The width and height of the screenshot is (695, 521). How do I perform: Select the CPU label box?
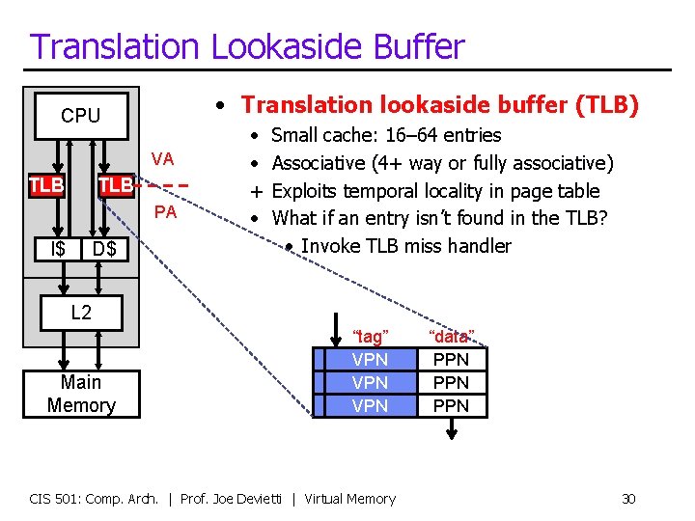(80, 116)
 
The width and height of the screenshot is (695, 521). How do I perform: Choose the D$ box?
(103, 250)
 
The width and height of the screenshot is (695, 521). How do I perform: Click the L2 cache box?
(81, 312)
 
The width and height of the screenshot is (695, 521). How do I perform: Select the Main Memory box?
(81, 394)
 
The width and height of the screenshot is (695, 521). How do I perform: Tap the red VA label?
(162, 159)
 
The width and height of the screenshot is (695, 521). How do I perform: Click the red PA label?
(165, 211)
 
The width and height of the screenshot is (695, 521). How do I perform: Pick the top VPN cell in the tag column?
(370, 360)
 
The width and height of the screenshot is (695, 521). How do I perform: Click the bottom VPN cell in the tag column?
(370, 406)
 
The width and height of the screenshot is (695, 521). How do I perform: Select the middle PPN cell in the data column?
(451, 383)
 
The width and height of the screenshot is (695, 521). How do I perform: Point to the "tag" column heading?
(371, 337)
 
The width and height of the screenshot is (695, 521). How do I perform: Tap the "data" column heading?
(451, 337)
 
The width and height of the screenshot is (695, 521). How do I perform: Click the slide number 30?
(628, 499)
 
